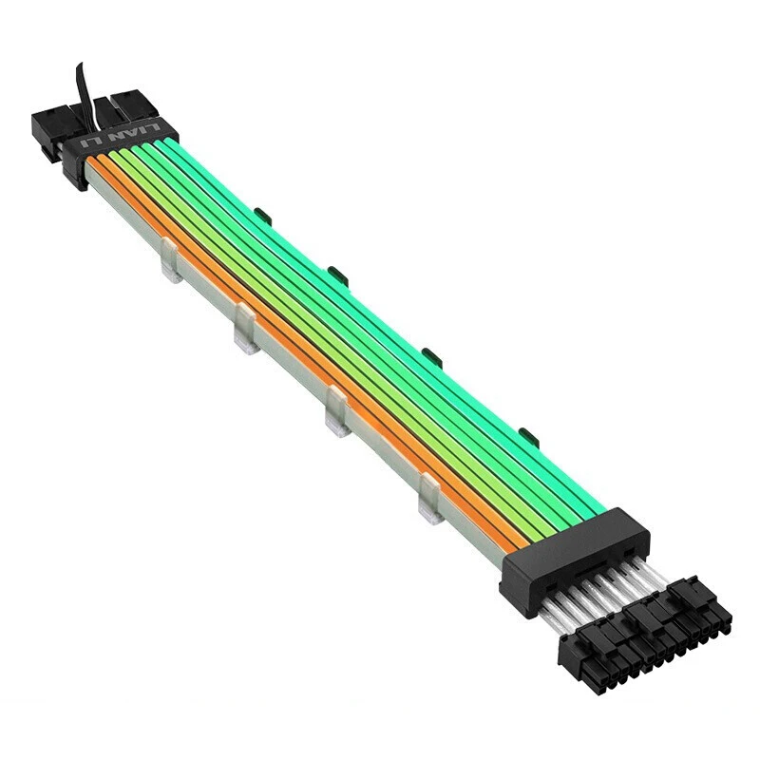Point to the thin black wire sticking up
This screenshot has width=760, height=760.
[x=89, y=95]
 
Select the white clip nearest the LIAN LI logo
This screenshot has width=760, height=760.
[x=171, y=260]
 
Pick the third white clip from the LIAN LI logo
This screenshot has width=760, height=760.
[x=337, y=411]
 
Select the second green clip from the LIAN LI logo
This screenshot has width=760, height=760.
[x=338, y=275]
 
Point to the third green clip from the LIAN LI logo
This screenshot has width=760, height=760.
[x=432, y=357]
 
